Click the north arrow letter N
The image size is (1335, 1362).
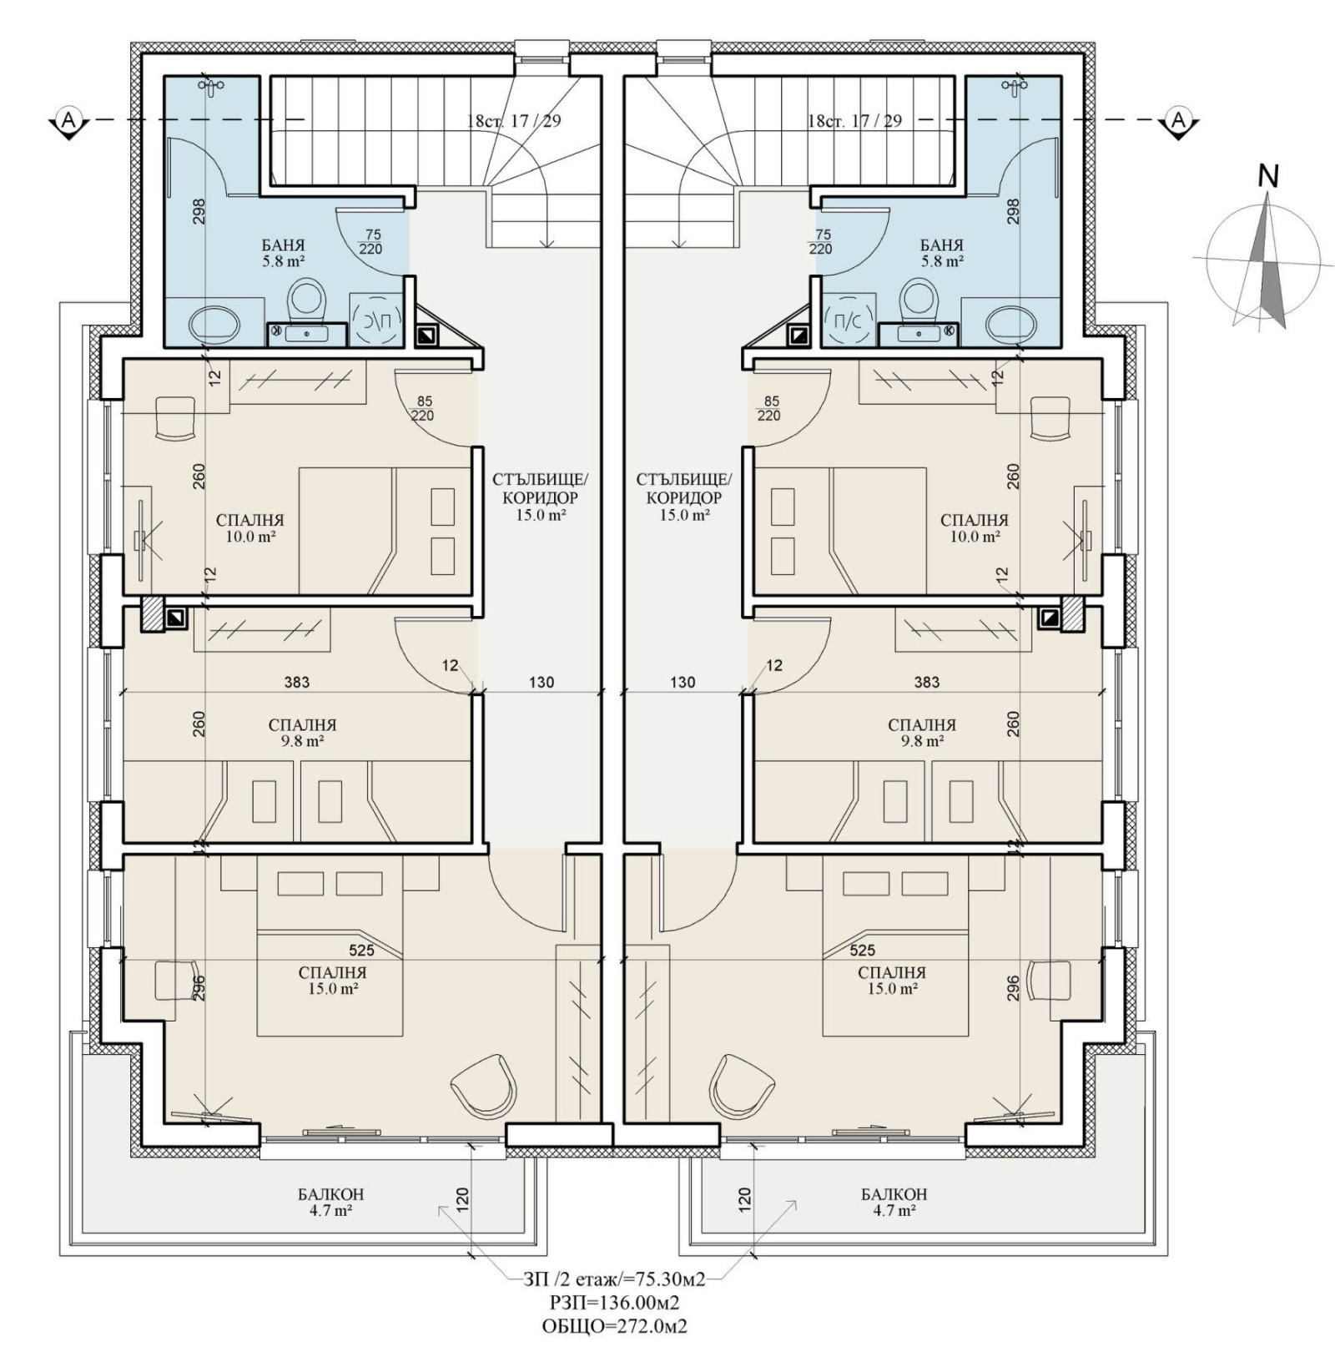(x=1268, y=176)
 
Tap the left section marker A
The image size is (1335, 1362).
(x=69, y=122)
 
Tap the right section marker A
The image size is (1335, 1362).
(x=1178, y=122)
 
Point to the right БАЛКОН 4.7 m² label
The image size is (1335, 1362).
(x=894, y=1203)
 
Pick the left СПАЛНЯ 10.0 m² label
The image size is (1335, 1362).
(x=249, y=528)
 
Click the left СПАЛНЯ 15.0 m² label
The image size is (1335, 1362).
(x=332, y=981)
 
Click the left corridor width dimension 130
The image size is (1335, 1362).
(x=542, y=683)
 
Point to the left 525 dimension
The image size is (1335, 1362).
(x=361, y=950)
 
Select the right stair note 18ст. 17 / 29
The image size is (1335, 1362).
(x=854, y=121)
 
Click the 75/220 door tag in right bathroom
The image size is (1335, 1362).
(x=823, y=242)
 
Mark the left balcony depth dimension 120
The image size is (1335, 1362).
(x=463, y=1198)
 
